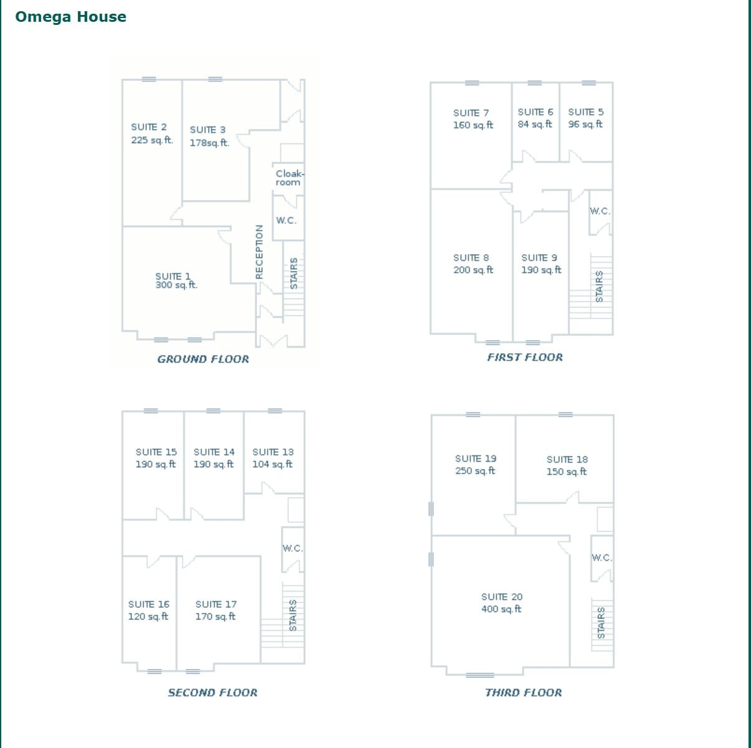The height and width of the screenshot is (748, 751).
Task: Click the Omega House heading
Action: pos(70,17)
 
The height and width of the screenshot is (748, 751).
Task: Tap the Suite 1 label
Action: pos(173,276)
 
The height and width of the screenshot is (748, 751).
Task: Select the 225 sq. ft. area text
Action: pos(152,140)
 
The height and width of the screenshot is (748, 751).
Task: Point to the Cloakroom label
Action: pos(289,178)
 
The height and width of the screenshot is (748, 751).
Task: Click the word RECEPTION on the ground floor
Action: pos(260,252)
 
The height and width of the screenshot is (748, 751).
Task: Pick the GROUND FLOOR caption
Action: pos(203,359)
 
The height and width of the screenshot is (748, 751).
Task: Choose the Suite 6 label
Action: pos(535,112)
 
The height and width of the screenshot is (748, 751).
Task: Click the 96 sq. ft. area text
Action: pos(585,124)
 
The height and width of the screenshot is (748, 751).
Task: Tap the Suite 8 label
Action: pos(471,258)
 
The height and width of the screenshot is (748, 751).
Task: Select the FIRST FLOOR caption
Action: pos(525,357)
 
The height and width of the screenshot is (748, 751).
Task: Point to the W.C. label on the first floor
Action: pos(600,211)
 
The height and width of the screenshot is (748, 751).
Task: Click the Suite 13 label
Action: pos(273,452)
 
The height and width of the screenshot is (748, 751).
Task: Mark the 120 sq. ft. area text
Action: pos(148,617)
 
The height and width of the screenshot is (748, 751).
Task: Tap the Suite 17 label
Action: pos(216,604)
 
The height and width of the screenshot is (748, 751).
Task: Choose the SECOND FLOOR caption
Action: pos(212,693)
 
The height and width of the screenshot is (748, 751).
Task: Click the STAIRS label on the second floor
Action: pos(293,615)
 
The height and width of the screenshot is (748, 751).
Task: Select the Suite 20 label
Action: pos(502,597)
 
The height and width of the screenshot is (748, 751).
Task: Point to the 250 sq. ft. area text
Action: pos(475,471)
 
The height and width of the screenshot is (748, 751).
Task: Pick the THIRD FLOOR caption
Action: pos(523,693)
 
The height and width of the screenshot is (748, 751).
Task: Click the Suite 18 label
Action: pos(567,460)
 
